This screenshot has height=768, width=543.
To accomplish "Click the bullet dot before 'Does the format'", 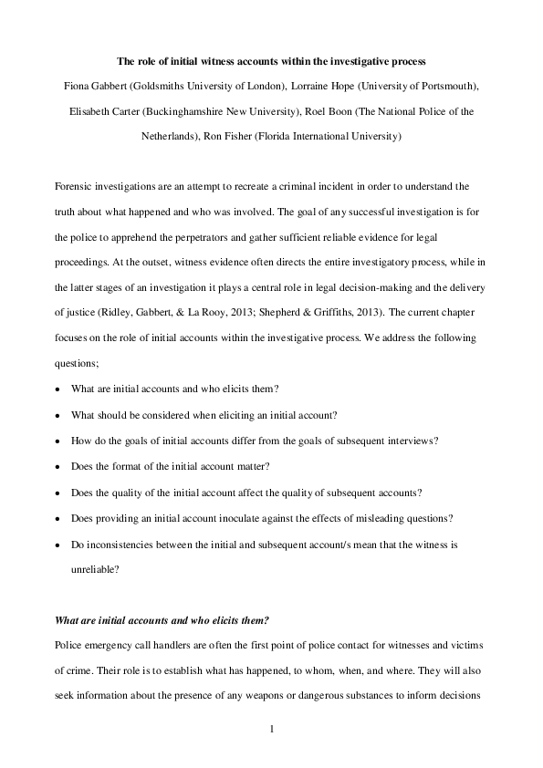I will [57, 467].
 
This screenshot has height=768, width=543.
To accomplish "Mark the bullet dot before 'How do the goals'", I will [57, 441].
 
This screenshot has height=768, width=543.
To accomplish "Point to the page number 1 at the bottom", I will [272, 730].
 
